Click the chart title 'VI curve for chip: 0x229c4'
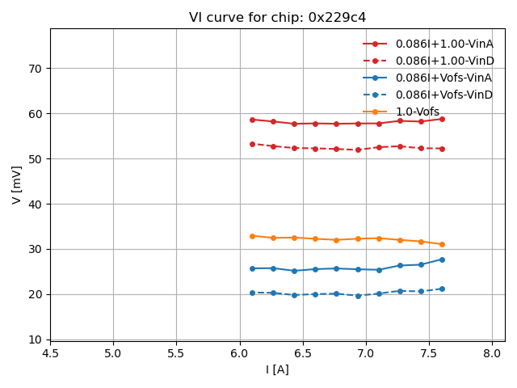coord(277,18)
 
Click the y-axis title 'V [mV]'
coord(17,184)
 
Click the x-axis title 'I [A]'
coord(277,369)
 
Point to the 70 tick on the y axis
coord(36,69)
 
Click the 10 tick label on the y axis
coord(36,339)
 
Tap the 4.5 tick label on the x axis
coord(50,353)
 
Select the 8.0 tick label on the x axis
coord(492,353)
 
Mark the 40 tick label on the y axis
coord(36,204)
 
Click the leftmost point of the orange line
coord(252,236)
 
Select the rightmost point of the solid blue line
coord(442,259)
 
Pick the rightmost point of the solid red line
coord(442,119)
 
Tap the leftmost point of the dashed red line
coord(252,144)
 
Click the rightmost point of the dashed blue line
coord(442,289)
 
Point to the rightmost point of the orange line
coord(442,244)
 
